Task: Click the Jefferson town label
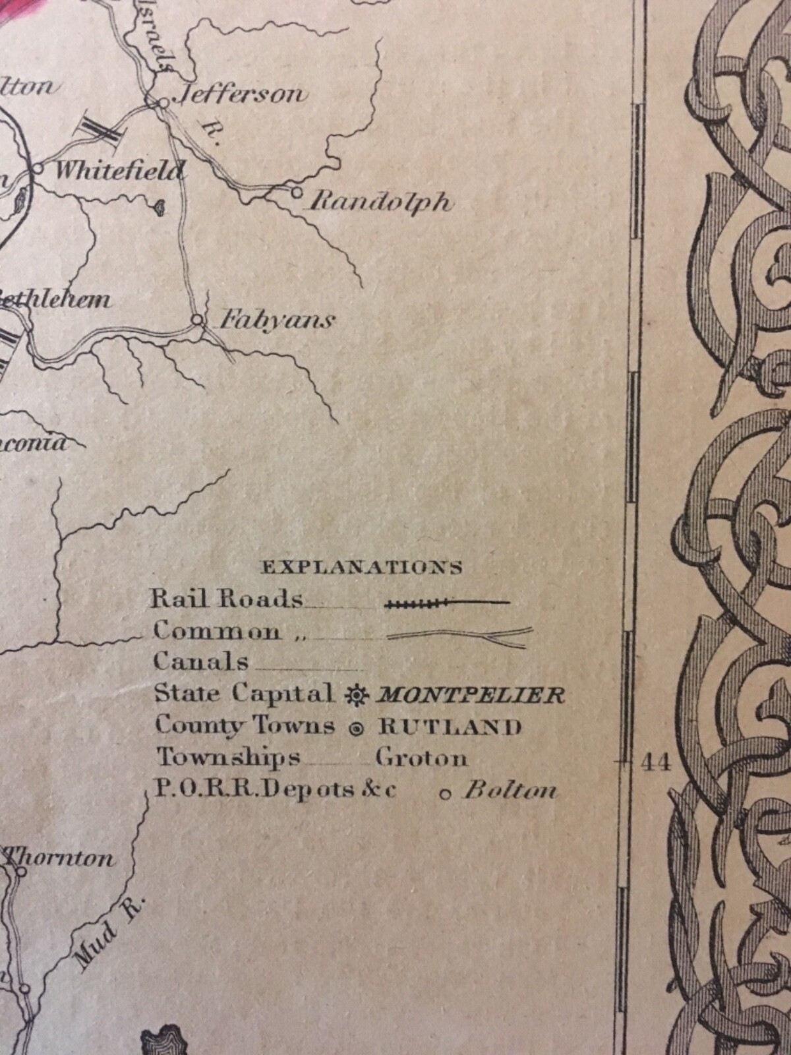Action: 238,94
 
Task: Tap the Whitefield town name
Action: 117,171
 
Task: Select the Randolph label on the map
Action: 381,200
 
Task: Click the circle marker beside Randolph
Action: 296,193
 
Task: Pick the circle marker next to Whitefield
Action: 38,168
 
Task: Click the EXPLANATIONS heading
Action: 362,567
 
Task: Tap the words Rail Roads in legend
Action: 227,599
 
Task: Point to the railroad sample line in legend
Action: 447,601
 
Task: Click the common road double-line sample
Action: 459,635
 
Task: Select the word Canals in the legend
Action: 201,661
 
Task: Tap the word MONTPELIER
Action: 469,695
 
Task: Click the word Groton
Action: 422,758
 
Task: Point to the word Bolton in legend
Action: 510,791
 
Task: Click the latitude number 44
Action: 655,763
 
